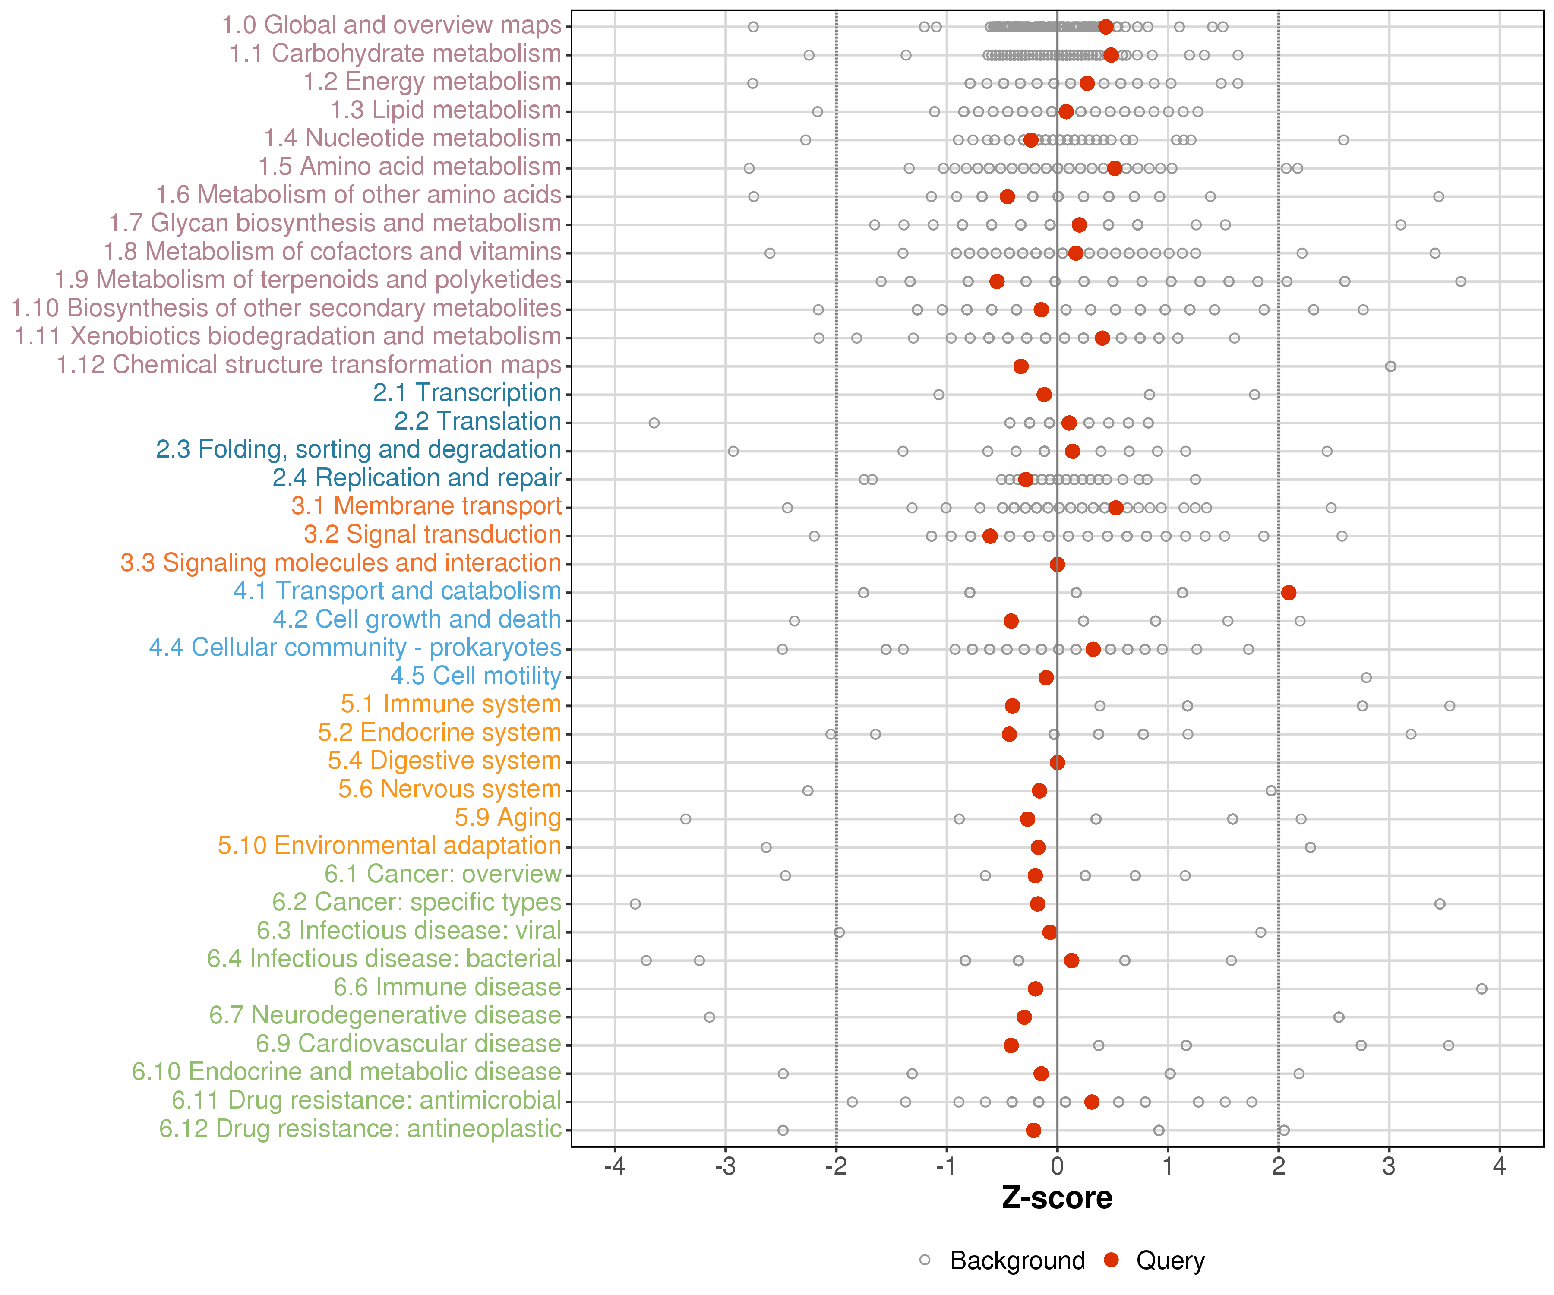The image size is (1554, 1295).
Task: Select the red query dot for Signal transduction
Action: (990, 536)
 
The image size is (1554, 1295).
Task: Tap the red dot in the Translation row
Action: (1068, 423)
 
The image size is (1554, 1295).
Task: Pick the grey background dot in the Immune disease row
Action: (1481, 989)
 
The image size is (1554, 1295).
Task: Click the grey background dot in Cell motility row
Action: (1366, 677)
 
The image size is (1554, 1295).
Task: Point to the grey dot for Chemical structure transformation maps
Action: (1390, 366)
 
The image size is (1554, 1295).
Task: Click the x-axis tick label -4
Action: (614, 1167)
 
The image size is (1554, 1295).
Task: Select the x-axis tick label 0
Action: (1057, 1167)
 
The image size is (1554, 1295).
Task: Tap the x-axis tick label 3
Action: (1389, 1167)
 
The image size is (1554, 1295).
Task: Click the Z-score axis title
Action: (1057, 1198)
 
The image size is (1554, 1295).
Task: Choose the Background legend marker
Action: (925, 1260)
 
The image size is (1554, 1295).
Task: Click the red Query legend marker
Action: (1111, 1260)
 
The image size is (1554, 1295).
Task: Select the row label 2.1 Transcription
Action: (467, 393)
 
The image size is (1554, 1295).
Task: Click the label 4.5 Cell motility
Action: (476, 676)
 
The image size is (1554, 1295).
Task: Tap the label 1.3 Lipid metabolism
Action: (445, 110)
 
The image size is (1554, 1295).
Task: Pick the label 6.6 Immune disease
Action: (447, 987)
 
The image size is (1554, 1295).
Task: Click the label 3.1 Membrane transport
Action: (426, 506)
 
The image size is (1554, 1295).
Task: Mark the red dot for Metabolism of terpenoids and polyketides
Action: (997, 281)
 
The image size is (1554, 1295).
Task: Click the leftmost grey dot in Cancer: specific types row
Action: (635, 903)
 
